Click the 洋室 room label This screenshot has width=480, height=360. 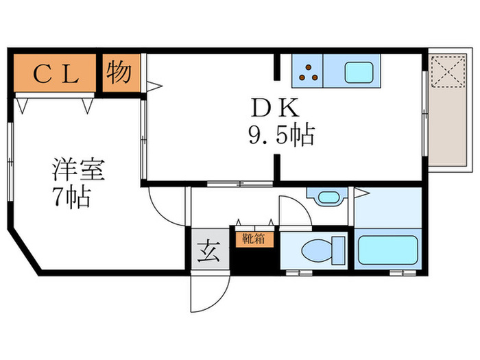point(74,171)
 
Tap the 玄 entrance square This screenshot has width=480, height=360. point(208,252)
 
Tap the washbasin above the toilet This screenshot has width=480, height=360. point(328,197)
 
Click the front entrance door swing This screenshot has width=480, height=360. point(206,291)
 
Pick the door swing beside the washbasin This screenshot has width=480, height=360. point(293,210)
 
